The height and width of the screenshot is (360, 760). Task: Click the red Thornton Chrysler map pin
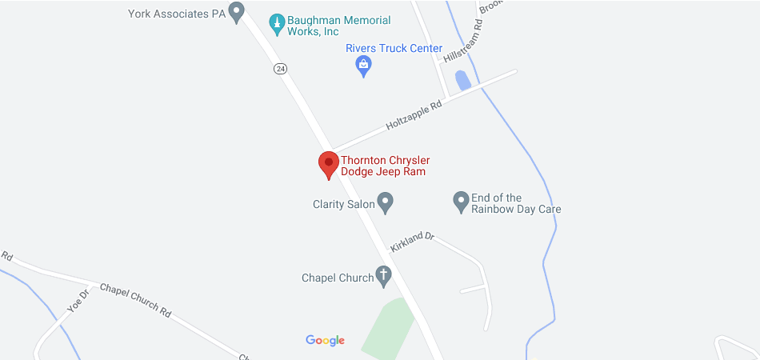click(328, 163)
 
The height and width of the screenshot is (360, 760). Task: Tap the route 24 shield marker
click(280, 69)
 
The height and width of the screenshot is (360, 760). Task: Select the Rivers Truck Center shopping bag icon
click(364, 66)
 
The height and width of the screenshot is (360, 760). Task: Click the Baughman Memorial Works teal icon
click(277, 24)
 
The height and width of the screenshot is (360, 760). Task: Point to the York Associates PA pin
click(236, 12)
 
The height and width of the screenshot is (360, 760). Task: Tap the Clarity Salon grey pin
click(385, 202)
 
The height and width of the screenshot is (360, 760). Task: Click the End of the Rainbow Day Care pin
click(461, 202)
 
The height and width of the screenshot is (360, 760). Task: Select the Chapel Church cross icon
click(384, 277)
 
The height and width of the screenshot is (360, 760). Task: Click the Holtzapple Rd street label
click(414, 114)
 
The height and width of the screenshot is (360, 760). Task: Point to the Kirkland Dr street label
click(412, 242)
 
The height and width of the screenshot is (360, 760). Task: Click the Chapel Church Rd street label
click(135, 300)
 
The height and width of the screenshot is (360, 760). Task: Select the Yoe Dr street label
click(76, 299)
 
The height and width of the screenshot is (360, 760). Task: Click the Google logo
click(325, 340)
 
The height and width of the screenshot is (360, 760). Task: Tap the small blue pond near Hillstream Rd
click(462, 80)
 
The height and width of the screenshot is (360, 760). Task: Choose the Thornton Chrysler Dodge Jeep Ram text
click(386, 166)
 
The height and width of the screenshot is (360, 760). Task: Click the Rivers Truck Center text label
click(394, 49)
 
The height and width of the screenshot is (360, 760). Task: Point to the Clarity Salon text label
click(344, 204)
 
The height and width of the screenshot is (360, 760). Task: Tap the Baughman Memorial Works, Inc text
click(340, 26)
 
